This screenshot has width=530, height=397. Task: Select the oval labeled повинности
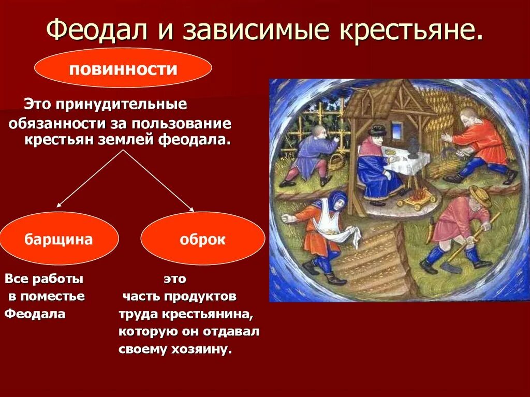tap(123, 68)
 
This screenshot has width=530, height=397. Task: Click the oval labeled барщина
tap(59, 239)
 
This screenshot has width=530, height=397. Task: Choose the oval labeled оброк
tap(202, 239)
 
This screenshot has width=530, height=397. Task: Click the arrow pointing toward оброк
tap(160, 182)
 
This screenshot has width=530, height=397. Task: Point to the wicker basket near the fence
tap(336, 161)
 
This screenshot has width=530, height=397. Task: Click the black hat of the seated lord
tap(377, 129)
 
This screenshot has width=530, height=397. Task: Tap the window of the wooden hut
tap(399, 128)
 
